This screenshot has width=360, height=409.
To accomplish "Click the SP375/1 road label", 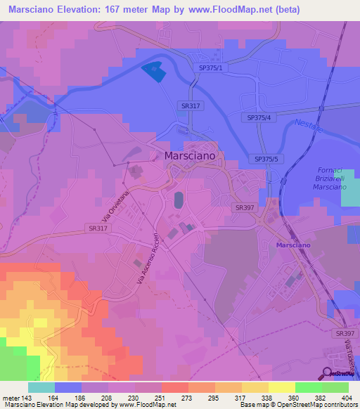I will (x=210, y=67).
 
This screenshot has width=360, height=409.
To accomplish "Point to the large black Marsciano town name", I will (x=190, y=157).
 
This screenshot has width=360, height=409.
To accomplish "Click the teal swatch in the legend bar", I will (x=41, y=387).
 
